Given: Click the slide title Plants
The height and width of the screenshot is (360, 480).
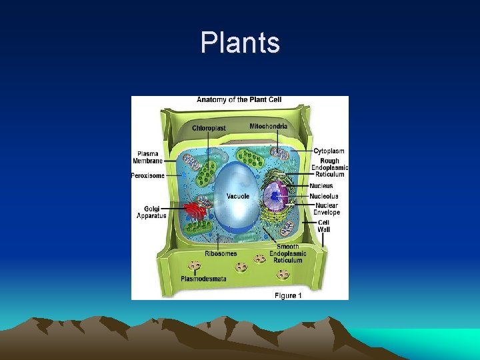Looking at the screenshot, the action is pos(240,43).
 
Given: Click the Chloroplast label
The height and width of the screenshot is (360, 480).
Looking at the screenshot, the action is pos(209,128).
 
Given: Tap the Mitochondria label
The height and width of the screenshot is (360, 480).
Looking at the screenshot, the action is pos(269,126).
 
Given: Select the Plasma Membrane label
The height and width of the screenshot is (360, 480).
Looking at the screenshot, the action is pos(148,157).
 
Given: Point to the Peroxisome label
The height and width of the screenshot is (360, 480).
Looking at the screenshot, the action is pos(148,176).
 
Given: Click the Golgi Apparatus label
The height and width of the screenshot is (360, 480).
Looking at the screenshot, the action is pos(151,212).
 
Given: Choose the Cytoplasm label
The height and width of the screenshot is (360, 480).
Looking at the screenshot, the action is pos(329,151).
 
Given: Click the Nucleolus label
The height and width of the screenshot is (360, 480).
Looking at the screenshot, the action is pos(323,196).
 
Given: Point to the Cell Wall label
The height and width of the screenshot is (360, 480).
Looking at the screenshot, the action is pos(323,226).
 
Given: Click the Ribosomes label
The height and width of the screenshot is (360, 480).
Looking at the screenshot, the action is pos(221,253).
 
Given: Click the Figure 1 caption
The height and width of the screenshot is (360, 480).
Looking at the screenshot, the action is pos(288,295).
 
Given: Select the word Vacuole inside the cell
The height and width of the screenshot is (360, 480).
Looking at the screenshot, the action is pos(238,196).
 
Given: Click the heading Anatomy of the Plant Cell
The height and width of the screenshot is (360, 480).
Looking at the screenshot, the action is pos(239,100).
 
